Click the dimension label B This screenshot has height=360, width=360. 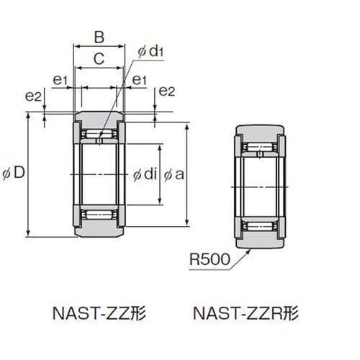(x=99, y=37)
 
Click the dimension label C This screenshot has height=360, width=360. (x=99, y=59)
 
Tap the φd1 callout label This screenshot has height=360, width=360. (x=150, y=51)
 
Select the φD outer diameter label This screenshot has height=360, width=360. (x=14, y=173)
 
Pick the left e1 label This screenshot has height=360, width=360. (x=60, y=80)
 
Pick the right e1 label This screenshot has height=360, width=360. (x=139, y=80)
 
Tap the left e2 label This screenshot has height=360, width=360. (x=33, y=96)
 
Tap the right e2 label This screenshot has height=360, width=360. (x=167, y=91)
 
